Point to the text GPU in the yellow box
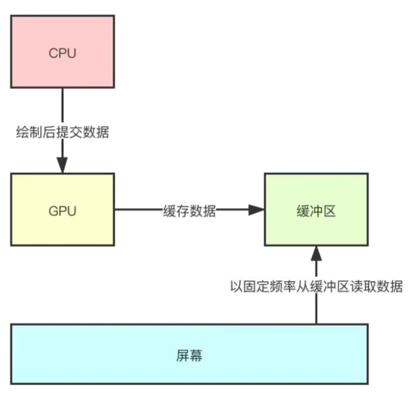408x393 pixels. pyautogui.click(x=63, y=211)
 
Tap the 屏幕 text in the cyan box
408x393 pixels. pyautogui.click(x=189, y=356)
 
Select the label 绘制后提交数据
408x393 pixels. pyautogui.click(x=63, y=132)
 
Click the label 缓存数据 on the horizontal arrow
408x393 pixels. pyautogui.click(x=190, y=211)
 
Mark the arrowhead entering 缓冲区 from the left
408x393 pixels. pyautogui.click(x=256, y=211)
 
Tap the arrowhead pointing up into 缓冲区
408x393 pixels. pyautogui.click(x=316, y=252)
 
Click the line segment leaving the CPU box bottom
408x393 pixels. pyautogui.click(x=63, y=105)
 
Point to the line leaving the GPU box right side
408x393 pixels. pyautogui.click(x=138, y=211)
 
